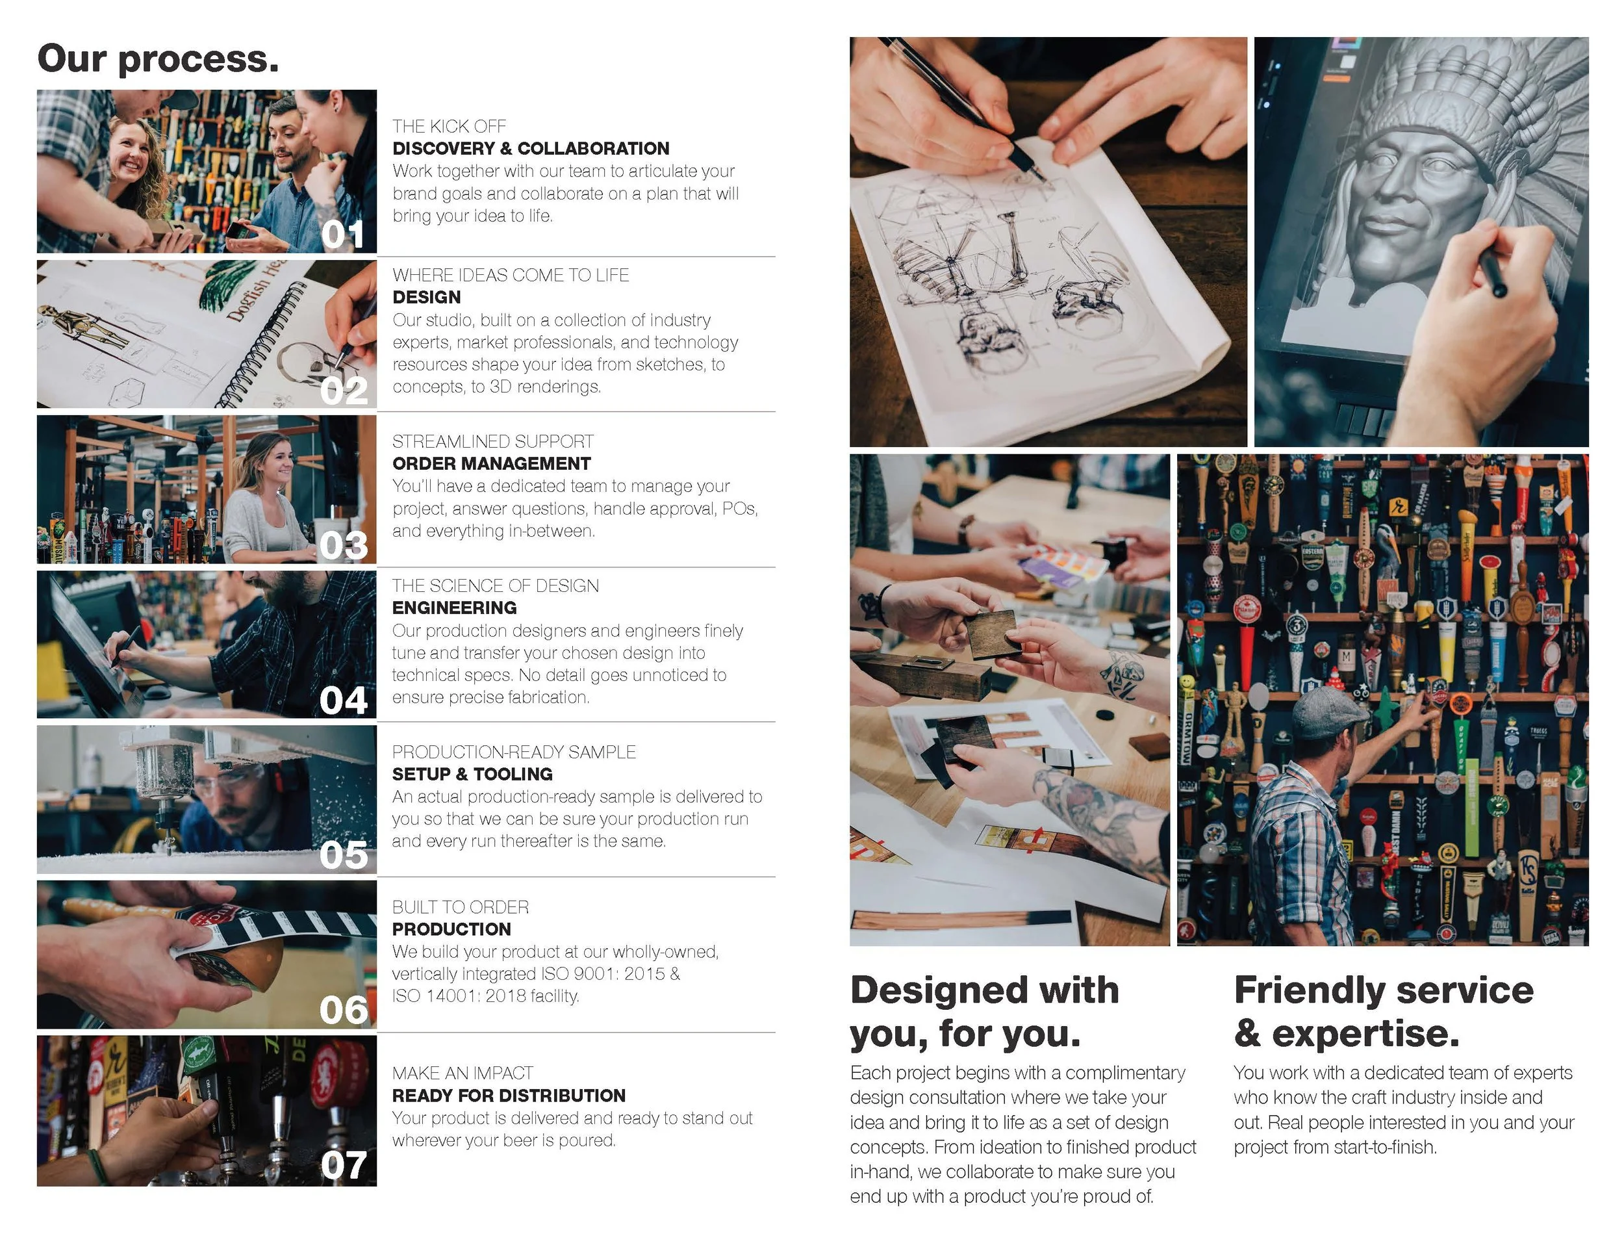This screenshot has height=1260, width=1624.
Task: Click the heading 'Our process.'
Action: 159,60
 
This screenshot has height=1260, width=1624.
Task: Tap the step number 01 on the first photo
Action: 343,235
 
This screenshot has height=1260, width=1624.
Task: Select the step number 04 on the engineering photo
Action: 344,701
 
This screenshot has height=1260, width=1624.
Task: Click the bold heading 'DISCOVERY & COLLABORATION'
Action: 531,149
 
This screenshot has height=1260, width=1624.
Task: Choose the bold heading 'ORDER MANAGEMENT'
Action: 492,463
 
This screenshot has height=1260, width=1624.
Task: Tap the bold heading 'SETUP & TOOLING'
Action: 472,775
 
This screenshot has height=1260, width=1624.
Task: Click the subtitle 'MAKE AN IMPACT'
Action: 463,1074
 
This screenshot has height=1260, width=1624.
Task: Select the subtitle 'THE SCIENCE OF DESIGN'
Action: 495,586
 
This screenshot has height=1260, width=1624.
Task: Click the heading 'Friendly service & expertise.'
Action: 1383,1012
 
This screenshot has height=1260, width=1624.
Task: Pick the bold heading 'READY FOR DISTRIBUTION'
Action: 509,1096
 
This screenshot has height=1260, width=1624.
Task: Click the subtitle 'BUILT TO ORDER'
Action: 461,907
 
